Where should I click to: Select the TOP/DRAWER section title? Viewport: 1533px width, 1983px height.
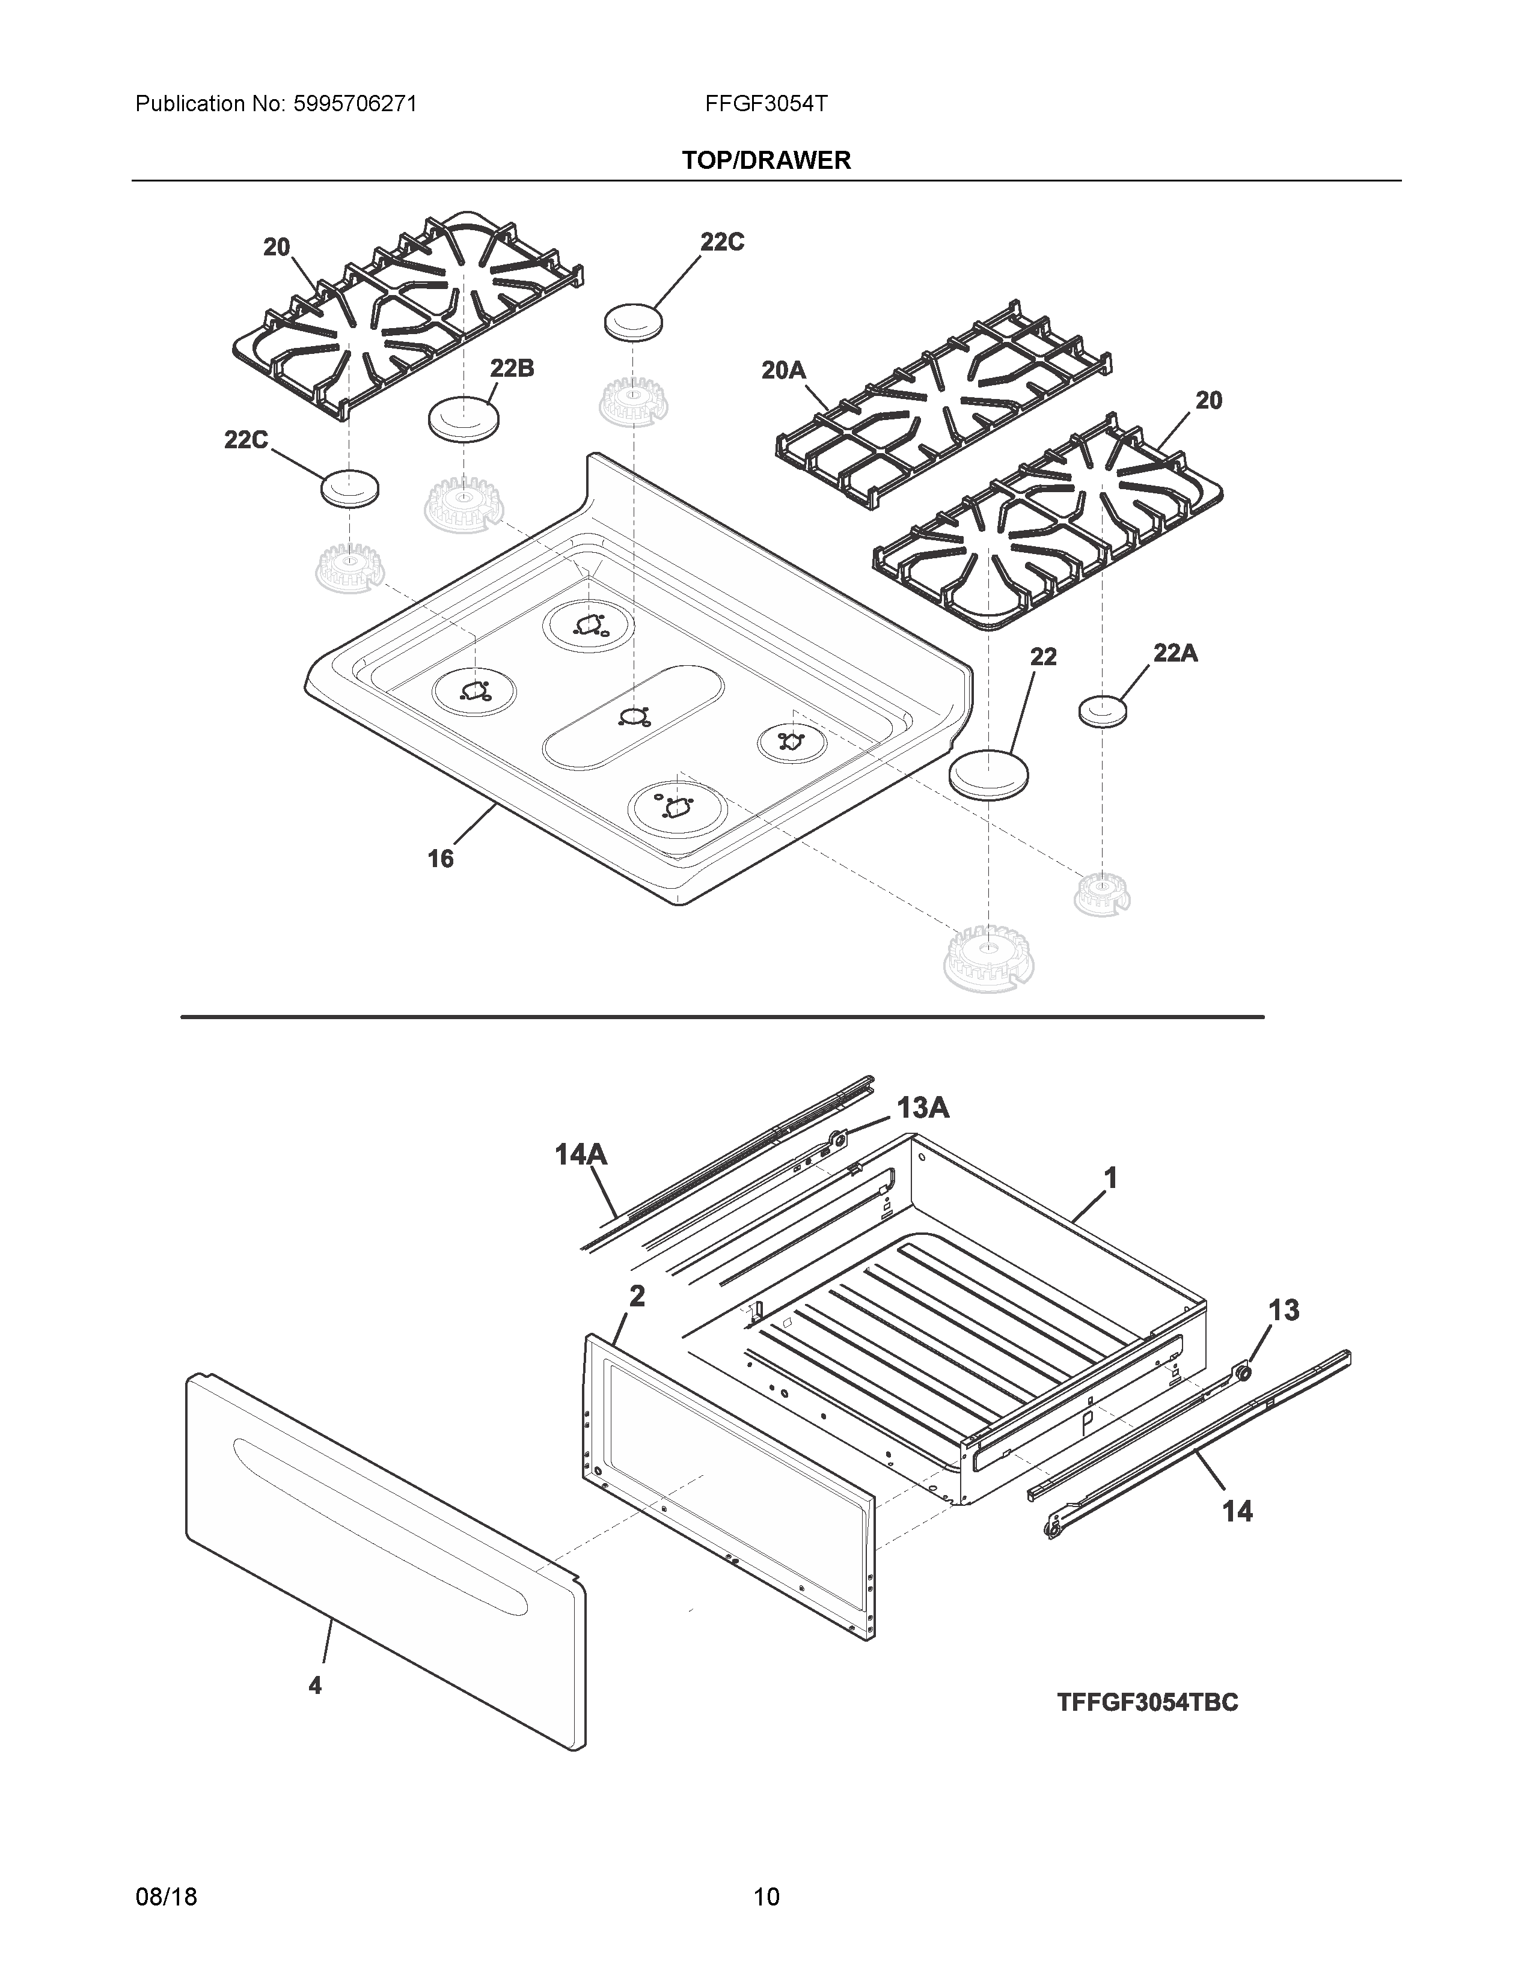765,160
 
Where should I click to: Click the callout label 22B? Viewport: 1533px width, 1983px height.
512,368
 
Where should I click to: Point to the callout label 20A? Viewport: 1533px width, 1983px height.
783,370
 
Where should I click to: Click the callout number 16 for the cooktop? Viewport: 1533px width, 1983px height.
441,858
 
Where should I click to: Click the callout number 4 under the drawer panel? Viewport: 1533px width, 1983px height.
315,1685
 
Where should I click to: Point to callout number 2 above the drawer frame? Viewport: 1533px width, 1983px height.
637,1297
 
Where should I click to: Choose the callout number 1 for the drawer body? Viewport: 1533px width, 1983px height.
1110,1178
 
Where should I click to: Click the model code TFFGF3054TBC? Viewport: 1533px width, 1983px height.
1147,1702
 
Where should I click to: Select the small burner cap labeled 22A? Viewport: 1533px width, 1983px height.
1103,711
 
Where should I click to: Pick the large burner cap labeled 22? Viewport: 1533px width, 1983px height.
990,773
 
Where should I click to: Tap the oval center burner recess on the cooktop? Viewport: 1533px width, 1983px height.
633,718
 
